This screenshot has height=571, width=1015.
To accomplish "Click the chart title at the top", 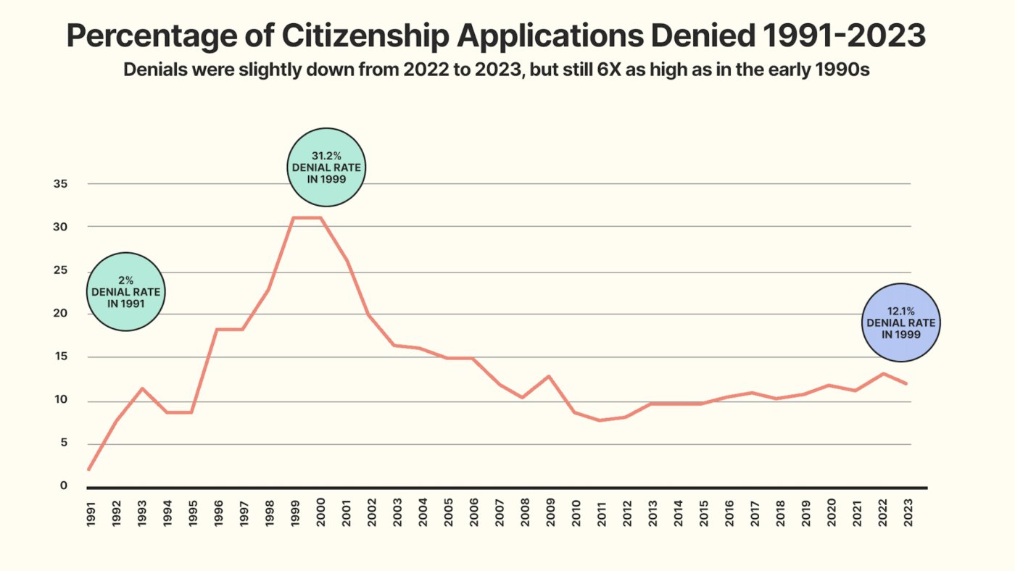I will pos(496,36).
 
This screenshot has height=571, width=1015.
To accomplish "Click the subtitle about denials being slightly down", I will pos(496,70).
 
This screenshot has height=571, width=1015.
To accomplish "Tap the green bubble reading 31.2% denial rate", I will pos(326,167).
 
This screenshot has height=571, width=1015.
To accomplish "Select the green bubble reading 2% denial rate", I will pos(126,292).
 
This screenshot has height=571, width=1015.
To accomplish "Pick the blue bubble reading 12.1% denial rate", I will pos(901,322).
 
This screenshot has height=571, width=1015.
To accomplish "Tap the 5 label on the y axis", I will pos(64,444).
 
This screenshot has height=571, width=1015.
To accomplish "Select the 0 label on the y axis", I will pos(64,486).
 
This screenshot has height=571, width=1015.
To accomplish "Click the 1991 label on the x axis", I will pos(90,512).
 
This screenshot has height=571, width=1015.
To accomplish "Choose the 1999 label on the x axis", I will pos(294,512).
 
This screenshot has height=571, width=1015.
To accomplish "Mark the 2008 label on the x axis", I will pos(524,512).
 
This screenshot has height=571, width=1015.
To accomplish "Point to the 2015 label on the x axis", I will pos(703,512).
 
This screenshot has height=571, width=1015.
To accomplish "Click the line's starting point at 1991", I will pos(89,470).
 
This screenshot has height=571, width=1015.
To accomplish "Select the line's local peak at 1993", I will pos(141,388).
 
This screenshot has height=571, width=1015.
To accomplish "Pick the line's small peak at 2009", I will pos(550,376).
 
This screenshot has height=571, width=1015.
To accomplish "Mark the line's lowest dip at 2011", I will pos(600,420).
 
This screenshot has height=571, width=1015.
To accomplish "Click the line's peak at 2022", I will pos(882,374).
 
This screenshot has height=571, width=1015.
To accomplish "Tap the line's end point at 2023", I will pos(906,383).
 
